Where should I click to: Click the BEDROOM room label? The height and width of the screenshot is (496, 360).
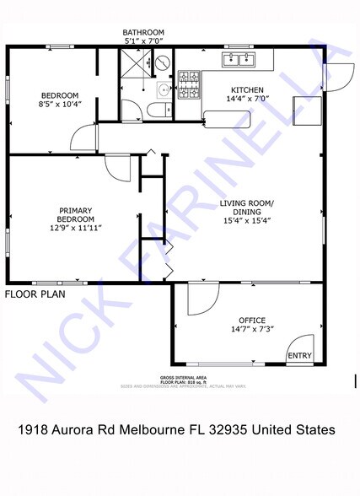point(58,94)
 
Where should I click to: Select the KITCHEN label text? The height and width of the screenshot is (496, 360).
point(248,90)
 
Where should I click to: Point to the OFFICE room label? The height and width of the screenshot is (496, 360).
point(251,320)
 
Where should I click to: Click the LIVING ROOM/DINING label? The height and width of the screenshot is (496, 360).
point(247,208)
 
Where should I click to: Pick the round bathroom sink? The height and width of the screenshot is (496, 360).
point(163,89)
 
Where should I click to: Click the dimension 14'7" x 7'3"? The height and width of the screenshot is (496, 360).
point(252,330)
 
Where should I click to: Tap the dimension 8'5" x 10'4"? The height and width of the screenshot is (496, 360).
point(58,105)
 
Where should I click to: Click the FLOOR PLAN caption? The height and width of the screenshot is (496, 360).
point(35,294)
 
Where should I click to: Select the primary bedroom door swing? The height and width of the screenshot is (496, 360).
point(118,166)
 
